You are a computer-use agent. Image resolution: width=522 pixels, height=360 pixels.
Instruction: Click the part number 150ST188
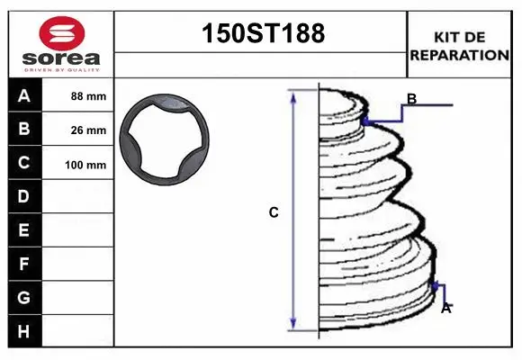click(261, 34)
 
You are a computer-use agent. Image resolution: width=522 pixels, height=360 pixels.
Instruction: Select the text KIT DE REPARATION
click(459, 46)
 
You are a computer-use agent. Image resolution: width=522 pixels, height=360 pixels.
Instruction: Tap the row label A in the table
click(24, 95)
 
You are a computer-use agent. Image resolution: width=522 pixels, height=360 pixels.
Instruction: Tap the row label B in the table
click(24, 130)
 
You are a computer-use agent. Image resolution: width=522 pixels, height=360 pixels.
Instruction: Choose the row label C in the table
click(24, 164)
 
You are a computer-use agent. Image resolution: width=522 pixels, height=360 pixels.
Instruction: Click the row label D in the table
click(24, 197)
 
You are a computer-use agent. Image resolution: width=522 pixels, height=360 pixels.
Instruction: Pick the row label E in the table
click(24, 230)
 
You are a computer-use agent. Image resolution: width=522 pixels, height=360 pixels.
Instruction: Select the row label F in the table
click(24, 265)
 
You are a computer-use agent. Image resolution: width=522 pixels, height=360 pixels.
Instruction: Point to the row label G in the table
click(24, 298)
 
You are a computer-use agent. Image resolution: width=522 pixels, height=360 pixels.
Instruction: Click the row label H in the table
click(24, 331)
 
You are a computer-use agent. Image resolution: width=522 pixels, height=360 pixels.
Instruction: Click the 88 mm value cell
click(88, 96)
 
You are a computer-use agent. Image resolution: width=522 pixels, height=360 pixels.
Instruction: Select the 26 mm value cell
click(88, 130)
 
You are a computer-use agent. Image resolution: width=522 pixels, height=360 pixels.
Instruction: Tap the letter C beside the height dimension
click(274, 213)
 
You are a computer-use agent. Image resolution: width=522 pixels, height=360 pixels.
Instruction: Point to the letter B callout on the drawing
click(411, 99)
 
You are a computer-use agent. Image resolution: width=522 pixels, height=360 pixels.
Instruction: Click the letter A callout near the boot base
click(445, 308)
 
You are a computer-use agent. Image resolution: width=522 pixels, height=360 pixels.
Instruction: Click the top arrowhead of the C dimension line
click(293, 95)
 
